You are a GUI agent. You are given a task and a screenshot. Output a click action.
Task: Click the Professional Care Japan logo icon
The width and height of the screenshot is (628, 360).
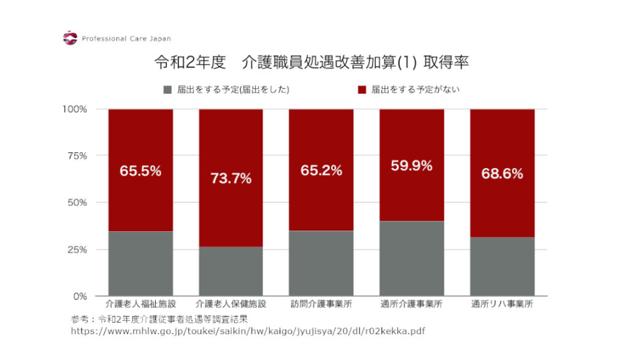[71, 38]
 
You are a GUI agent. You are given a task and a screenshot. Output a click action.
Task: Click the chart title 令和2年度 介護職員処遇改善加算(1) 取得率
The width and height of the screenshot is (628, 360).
[313, 63]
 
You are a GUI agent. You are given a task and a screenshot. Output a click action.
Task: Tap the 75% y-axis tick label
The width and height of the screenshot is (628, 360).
[77, 156]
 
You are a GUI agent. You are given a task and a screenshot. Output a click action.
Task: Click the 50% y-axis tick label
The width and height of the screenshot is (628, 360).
[77, 202]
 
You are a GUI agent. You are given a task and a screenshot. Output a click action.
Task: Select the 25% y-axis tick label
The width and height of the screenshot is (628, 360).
[77, 250]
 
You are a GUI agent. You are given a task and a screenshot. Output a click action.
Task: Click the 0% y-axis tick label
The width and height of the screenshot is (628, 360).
[80, 296]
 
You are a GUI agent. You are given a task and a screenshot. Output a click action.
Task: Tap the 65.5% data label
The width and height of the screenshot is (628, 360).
[140, 171]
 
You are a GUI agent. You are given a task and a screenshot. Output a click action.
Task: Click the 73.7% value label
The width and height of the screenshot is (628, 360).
[231, 178]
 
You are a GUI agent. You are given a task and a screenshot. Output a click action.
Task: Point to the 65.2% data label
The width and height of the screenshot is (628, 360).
[321, 171]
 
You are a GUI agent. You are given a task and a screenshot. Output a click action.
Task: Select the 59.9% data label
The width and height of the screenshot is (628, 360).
[412, 166]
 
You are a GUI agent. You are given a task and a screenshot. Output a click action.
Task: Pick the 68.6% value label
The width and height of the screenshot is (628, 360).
[502, 174]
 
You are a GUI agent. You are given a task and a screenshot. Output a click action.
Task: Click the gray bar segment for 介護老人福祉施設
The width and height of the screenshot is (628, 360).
[140, 264]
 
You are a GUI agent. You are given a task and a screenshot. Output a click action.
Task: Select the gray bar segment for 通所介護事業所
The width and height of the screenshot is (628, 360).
[412, 258]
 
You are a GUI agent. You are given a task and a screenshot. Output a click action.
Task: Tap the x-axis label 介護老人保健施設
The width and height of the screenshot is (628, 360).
[231, 304]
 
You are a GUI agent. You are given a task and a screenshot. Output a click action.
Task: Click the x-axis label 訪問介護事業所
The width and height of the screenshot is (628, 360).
[321, 304]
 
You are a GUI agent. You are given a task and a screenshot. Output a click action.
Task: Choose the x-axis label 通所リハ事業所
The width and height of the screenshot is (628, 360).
[502, 304]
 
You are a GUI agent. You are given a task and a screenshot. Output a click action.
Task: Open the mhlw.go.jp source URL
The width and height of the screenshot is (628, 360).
[248, 331]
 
